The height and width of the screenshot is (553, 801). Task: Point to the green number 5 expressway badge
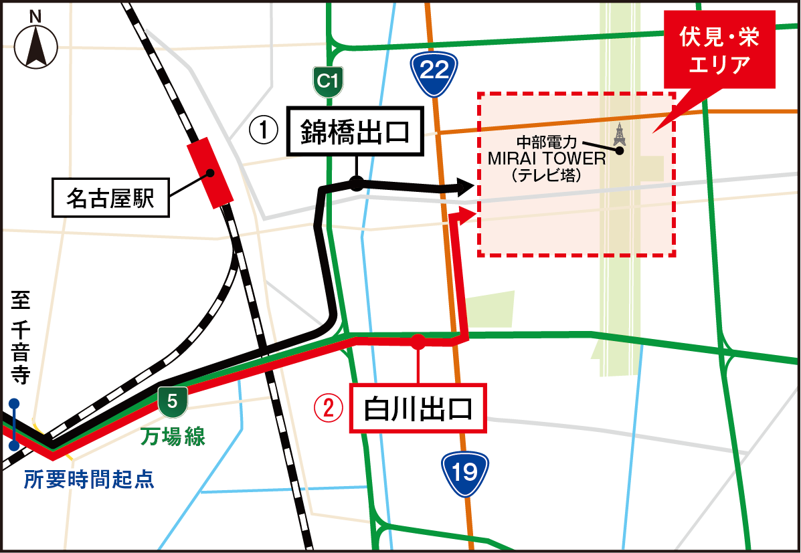coord(173,401)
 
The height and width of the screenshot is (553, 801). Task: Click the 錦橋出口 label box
coord(355,132)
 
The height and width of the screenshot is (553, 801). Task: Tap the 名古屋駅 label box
coord(110,199)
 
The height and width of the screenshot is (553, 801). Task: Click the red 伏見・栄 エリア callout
coord(719,52)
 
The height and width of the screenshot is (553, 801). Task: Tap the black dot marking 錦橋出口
coord(357,183)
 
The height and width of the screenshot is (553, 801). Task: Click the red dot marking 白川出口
coord(418,342)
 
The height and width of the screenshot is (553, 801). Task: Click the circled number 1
coord(263,130)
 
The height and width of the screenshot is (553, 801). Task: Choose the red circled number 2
coord(329,408)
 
